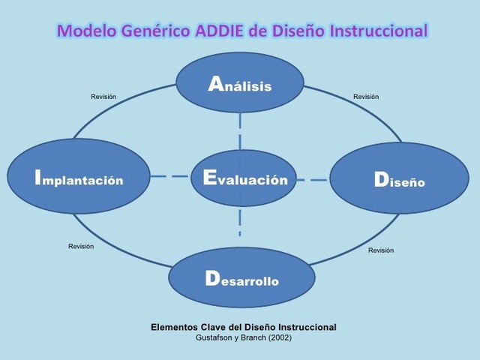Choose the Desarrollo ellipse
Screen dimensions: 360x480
pos(241,280)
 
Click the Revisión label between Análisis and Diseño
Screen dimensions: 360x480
pos(366,97)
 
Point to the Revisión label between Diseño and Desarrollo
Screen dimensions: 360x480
pos(381,250)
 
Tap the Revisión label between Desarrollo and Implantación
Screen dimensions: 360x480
pos(81,247)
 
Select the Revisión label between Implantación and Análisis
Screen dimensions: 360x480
pos(103,97)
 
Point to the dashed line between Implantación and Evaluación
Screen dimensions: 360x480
pos(170,177)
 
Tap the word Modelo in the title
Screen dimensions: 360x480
pos(84,31)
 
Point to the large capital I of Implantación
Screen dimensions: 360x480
pos(37,178)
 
